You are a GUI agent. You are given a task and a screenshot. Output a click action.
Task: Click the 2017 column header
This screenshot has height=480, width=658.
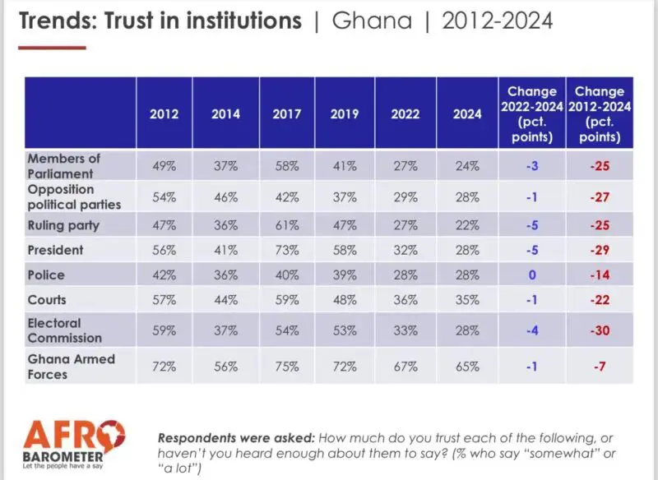coord(286,114)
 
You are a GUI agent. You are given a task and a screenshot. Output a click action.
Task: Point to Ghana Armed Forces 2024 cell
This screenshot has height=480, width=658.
coord(466,367)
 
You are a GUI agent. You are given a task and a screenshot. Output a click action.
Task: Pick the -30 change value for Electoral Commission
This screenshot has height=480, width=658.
coord(600,330)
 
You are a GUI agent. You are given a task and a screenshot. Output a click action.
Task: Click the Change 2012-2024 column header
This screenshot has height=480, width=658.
coord(600,113)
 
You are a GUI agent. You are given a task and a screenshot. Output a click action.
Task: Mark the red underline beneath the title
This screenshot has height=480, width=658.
coord(52,48)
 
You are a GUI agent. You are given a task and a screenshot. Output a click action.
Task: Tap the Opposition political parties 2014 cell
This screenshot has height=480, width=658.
coord(225,198)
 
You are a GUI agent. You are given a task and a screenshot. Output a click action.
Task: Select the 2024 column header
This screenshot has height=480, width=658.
coord(466,114)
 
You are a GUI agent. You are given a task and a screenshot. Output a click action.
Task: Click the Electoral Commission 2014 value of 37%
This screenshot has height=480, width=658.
coord(225,330)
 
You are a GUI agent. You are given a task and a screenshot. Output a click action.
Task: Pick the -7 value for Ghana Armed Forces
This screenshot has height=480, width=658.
coord(600,367)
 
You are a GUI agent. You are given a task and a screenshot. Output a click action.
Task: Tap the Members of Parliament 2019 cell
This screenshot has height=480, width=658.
coord(345,166)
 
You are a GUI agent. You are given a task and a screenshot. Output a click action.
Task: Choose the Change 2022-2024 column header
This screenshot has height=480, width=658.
coord(531,113)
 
